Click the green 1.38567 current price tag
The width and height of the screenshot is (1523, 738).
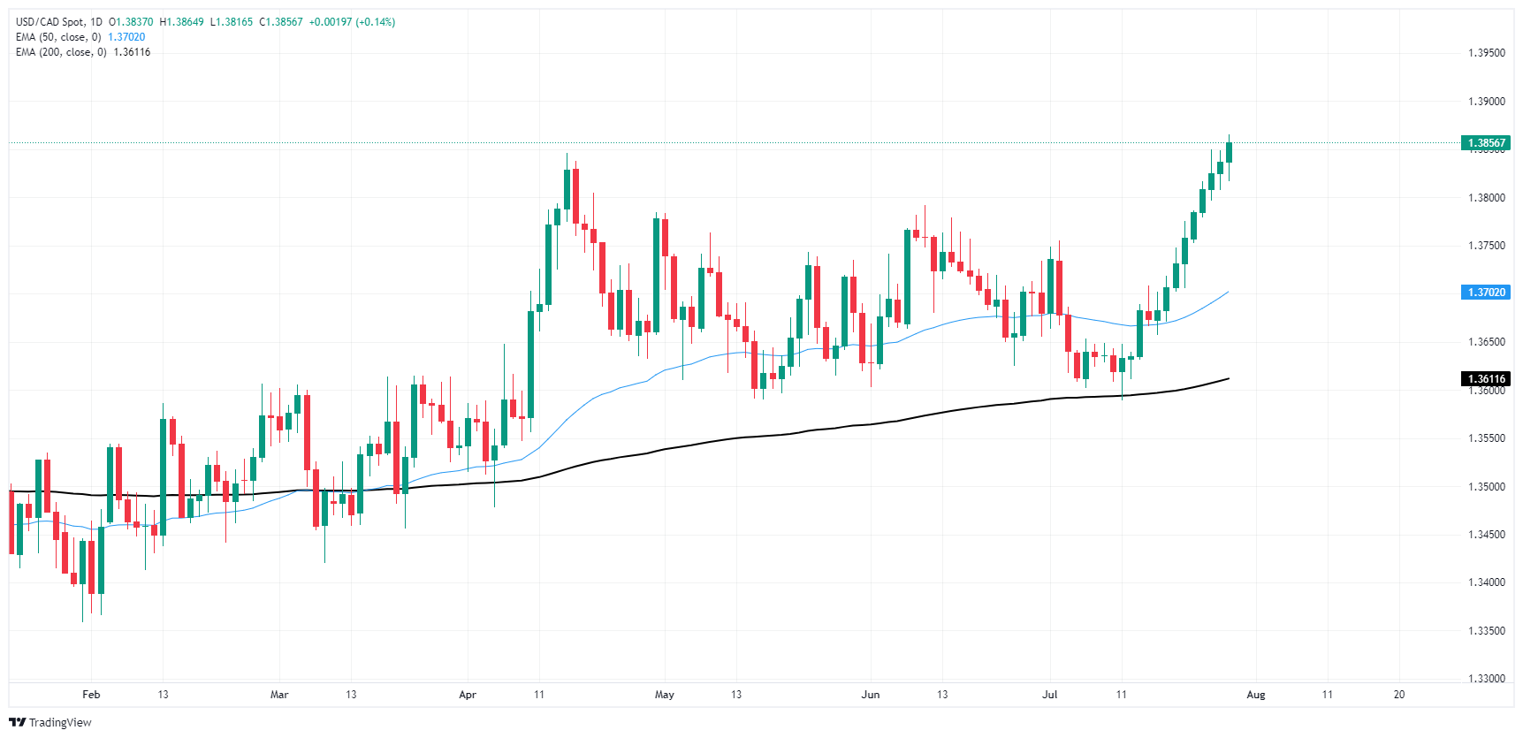tap(1486, 143)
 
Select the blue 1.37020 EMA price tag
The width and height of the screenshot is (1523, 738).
tap(1486, 293)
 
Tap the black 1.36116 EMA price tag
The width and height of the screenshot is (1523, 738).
tap(1486, 379)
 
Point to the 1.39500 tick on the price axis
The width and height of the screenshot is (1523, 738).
tap(1486, 53)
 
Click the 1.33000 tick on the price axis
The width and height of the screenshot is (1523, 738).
tap(1486, 679)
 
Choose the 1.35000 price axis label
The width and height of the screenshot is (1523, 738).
tap(1486, 487)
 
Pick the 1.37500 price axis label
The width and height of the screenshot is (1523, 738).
tap(1486, 246)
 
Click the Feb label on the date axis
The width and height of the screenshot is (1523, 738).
tap(91, 695)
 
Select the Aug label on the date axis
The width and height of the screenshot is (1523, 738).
tap(1255, 695)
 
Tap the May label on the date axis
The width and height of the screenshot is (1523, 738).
tap(664, 695)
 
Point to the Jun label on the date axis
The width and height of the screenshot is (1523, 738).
tap(870, 695)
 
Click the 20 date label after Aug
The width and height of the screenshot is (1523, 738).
tap(1398, 695)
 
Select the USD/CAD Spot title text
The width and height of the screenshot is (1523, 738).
tap(51, 22)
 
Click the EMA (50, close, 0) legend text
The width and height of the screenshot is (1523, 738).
tap(58, 37)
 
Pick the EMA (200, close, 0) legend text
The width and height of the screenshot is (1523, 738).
tap(61, 52)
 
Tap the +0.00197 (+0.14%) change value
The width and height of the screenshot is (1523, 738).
tap(352, 22)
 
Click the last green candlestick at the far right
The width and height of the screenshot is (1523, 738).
tap(1229, 152)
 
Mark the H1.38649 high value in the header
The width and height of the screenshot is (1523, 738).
tap(181, 22)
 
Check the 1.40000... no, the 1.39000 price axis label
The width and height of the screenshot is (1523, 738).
tap(1486, 102)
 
